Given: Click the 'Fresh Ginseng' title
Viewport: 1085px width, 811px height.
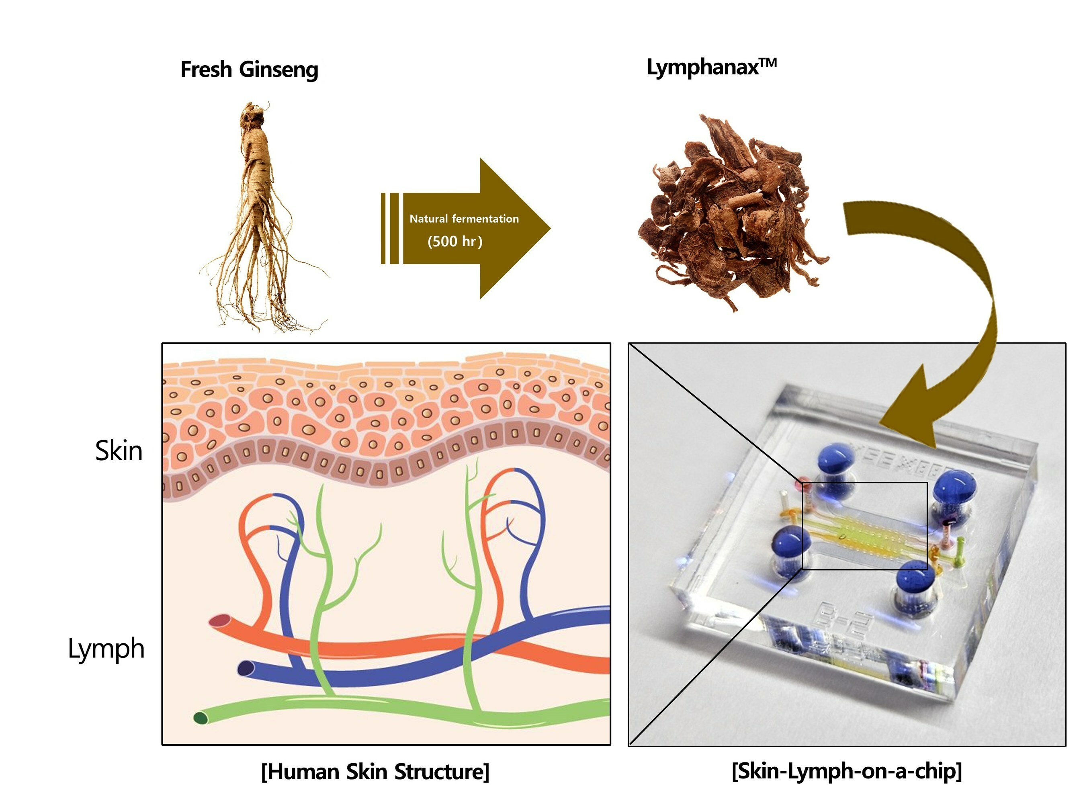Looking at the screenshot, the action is pos(249,70).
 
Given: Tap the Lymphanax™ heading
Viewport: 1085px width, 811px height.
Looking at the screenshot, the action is pos(711,67).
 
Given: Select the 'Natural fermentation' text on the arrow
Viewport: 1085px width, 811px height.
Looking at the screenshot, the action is pos(464,219).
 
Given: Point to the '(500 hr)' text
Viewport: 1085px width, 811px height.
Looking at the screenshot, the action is pos(455,242).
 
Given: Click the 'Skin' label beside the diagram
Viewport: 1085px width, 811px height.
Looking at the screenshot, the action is pos(119,451).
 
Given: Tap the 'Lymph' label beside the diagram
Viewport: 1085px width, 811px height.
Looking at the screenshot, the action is pos(106,649).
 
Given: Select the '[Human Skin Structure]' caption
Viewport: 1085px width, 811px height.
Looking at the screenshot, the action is pos(375,772).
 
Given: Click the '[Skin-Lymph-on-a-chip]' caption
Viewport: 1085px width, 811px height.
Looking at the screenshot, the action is pos(847,771).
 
